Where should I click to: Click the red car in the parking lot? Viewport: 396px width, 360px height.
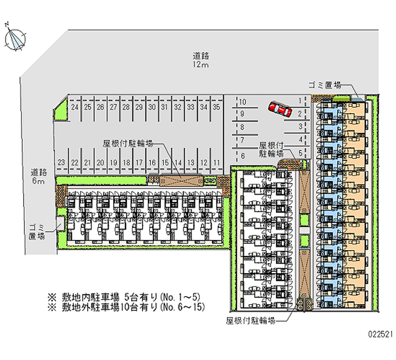point(280,109)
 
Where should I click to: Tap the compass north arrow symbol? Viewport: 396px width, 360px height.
point(15,39)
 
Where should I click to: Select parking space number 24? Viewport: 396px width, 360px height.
point(75,107)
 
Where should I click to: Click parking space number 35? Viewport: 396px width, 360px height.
point(216,107)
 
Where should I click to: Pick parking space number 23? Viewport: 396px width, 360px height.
point(61,162)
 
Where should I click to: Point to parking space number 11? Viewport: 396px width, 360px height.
point(217,162)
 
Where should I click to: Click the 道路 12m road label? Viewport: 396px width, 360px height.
point(201,60)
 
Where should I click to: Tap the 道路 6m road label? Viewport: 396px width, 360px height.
point(39,176)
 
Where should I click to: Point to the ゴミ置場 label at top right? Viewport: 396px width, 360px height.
point(325,85)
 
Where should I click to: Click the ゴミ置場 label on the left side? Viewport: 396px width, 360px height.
point(37,232)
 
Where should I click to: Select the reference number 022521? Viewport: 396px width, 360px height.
point(380,334)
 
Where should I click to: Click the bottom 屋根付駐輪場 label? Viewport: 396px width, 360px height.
point(251,320)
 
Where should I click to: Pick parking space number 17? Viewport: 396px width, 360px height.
point(139,162)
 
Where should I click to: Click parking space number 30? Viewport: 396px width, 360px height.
point(152,107)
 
